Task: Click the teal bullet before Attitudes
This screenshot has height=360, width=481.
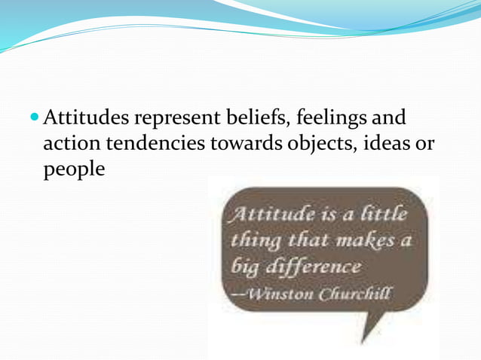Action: click(x=35, y=119)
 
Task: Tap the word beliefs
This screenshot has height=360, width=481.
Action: click(x=248, y=119)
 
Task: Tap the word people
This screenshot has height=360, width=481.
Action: click(x=73, y=170)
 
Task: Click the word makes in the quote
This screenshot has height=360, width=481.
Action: click(x=366, y=241)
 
